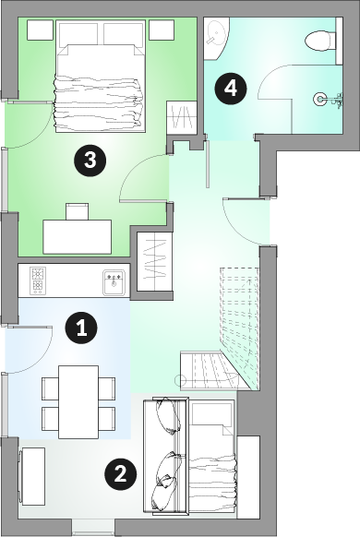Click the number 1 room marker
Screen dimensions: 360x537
click(81, 328)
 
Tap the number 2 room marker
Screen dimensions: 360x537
click(120, 474)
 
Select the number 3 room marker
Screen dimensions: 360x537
click(90, 160)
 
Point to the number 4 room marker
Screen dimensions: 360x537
click(231, 89)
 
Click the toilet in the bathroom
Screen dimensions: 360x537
click(320, 42)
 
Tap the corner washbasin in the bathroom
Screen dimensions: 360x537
click(217, 39)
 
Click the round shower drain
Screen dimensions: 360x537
click(320, 100)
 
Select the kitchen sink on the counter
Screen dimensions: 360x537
click(114, 282)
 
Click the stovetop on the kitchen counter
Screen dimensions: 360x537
click(38, 280)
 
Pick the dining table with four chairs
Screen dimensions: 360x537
click(78, 402)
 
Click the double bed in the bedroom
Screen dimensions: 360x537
click(100, 76)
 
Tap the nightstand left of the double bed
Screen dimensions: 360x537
click(40, 30)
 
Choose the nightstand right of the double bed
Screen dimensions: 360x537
click(162, 30)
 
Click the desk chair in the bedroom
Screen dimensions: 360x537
click(77, 211)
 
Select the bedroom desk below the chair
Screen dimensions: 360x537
click(77, 237)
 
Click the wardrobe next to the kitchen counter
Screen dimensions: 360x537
click(154, 262)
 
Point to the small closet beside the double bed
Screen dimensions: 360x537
click(182, 117)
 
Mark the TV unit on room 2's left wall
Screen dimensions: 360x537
click(32, 476)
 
